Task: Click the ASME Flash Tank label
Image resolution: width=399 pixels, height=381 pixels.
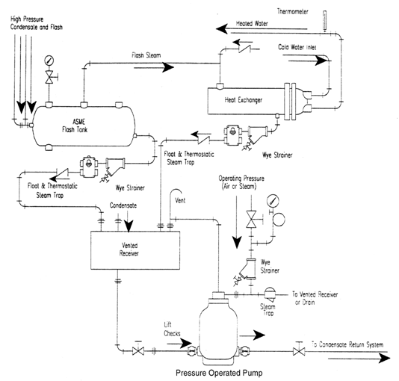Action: (75, 126)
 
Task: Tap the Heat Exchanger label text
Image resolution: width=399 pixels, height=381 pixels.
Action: (244, 100)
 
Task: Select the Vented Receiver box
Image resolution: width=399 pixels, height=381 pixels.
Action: (135, 250)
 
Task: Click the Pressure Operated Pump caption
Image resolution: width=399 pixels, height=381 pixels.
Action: (219, 373)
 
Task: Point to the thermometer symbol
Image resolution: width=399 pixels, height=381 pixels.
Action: (324, 21)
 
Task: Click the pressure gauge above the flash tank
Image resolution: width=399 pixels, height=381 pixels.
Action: (49, 61)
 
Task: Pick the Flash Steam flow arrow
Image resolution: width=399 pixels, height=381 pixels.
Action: (154, 67)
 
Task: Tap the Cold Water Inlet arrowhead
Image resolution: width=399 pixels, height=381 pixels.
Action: (321, 61)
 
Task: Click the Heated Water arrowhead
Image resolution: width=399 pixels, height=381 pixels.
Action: (222, 28)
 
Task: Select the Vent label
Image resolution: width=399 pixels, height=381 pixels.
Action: (180, 200)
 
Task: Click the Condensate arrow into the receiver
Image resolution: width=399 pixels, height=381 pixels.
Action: (129, 221)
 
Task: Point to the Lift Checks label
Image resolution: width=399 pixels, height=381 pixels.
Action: (172, 329)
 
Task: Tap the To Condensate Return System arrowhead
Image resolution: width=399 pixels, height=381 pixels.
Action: (384, 359)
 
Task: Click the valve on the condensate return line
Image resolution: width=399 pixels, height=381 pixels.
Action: (299, 351)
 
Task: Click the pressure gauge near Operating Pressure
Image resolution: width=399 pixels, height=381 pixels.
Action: (273, 201)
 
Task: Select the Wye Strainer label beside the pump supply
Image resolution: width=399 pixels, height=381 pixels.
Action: (270, 266)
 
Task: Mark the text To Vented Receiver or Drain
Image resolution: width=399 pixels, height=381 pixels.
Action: (315, 298)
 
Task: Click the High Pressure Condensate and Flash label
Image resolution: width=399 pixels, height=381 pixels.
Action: (36, 23)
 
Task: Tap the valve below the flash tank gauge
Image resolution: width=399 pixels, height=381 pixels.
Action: (49, 77)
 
